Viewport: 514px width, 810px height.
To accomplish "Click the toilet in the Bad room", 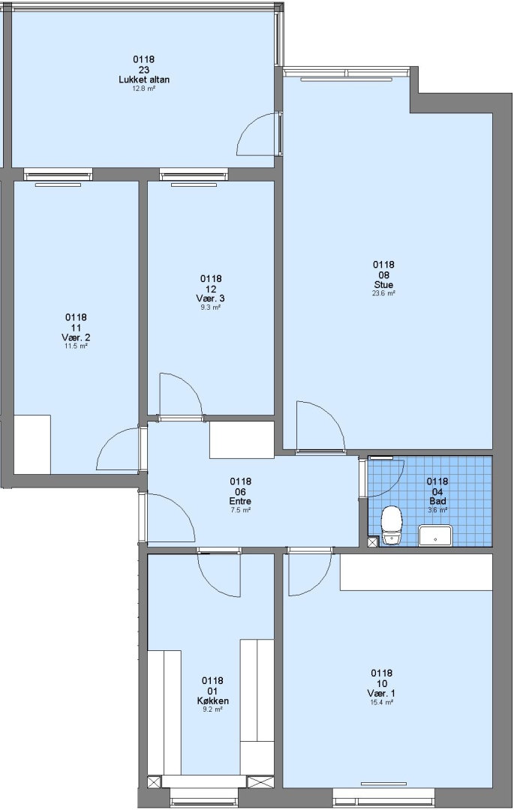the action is [391, 525].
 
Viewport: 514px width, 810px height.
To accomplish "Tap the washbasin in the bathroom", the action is [435, 535].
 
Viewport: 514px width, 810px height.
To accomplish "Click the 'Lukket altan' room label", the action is [144, 79].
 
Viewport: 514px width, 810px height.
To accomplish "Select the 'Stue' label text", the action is [384, 285].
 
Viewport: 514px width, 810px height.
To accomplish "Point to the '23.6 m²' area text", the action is [384, 293].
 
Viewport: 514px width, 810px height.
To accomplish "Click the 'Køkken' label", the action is [213, 701].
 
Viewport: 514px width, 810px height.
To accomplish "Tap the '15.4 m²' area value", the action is [382, 703].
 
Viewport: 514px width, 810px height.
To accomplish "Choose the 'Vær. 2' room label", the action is [76, 337].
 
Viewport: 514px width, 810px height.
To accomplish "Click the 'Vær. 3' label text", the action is [210, 298].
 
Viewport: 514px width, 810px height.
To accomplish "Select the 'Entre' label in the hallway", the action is [240, 501].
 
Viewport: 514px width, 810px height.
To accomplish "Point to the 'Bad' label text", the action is [437, 501].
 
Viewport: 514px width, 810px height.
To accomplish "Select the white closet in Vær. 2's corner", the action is [32, 444].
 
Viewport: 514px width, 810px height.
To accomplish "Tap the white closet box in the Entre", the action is [242, 439].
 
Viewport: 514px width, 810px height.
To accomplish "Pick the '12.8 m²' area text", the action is [144, 88].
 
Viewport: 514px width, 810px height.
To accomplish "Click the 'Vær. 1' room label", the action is [382, 693].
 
